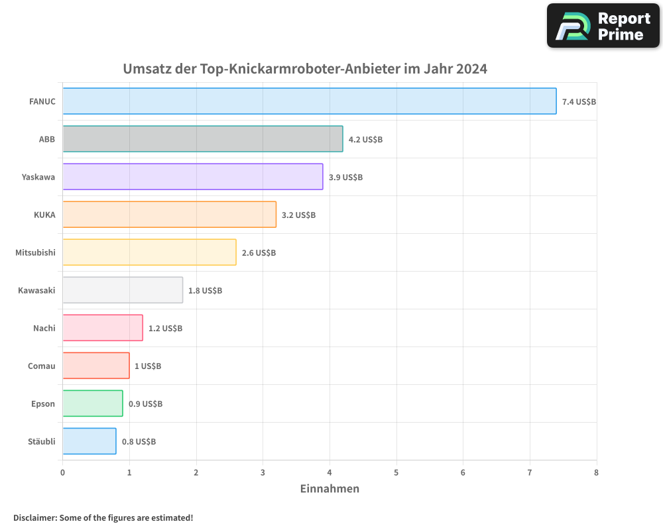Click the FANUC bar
pos(310,101)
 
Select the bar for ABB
pos(203,139)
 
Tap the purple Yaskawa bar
pos(193,177)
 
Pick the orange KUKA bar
pos(170,215)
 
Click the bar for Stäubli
pos(90,441)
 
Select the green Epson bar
pos(93,403)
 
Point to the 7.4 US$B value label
pos(579,101)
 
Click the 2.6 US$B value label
pos(259,253)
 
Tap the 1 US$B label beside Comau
pos(148,366)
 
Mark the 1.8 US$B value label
pos(205,291)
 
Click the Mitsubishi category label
pos(35,252)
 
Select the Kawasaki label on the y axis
pos(36,290)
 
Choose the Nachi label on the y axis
pos(44,328)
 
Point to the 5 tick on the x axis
pos(396,472)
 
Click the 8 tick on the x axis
pos(597,472)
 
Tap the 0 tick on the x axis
pos(63,472)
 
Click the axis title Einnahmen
pos(330,489)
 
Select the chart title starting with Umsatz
pos(305,69)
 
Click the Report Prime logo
pos(603,26)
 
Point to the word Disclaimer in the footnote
pos(34,518)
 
